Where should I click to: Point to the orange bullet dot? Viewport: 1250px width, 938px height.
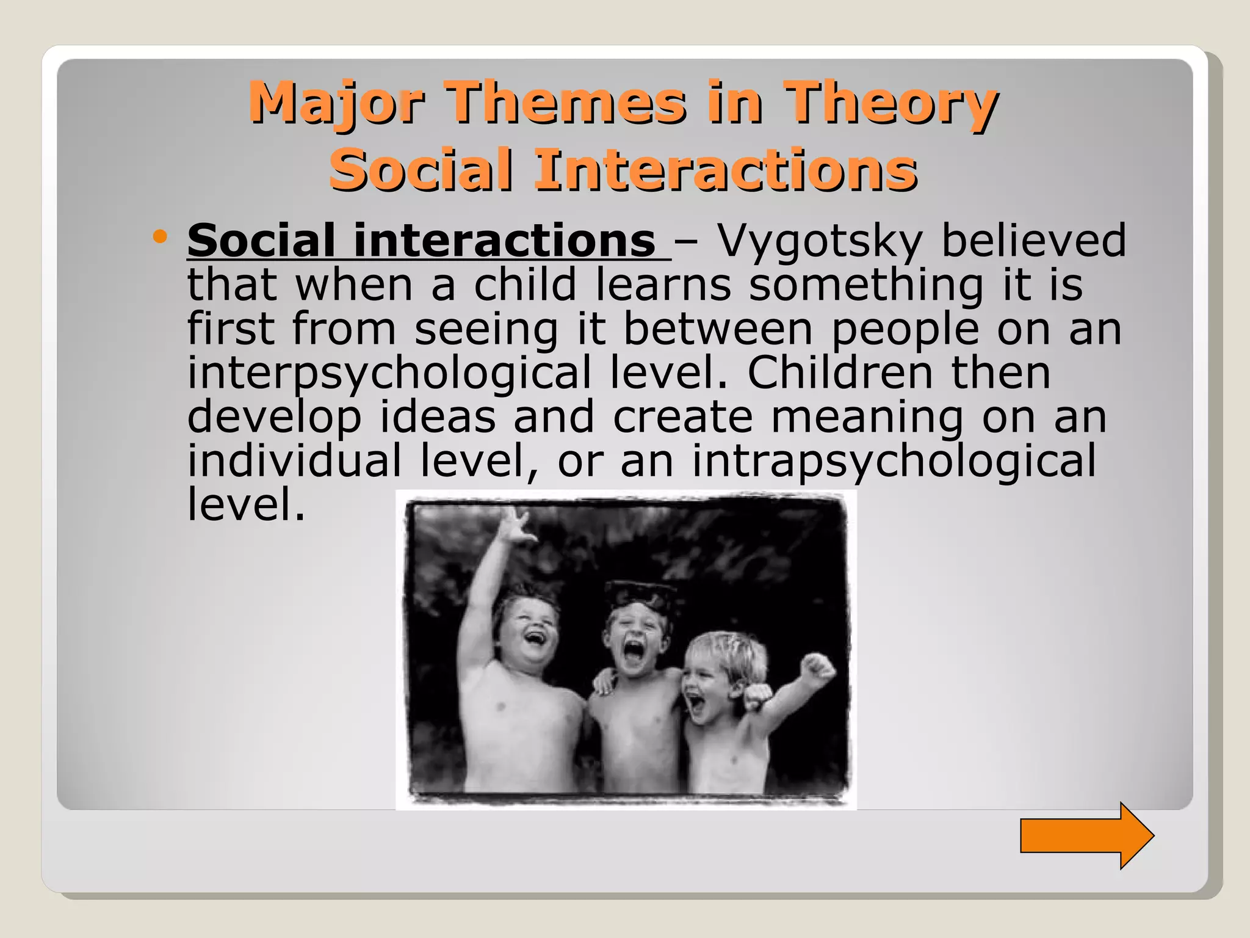coord(160,236)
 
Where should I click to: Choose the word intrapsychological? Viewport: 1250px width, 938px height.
coord(894,460)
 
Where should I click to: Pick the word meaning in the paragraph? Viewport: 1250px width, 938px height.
coord(867,417)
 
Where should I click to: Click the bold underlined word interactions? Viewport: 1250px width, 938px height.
coord(504,241)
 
